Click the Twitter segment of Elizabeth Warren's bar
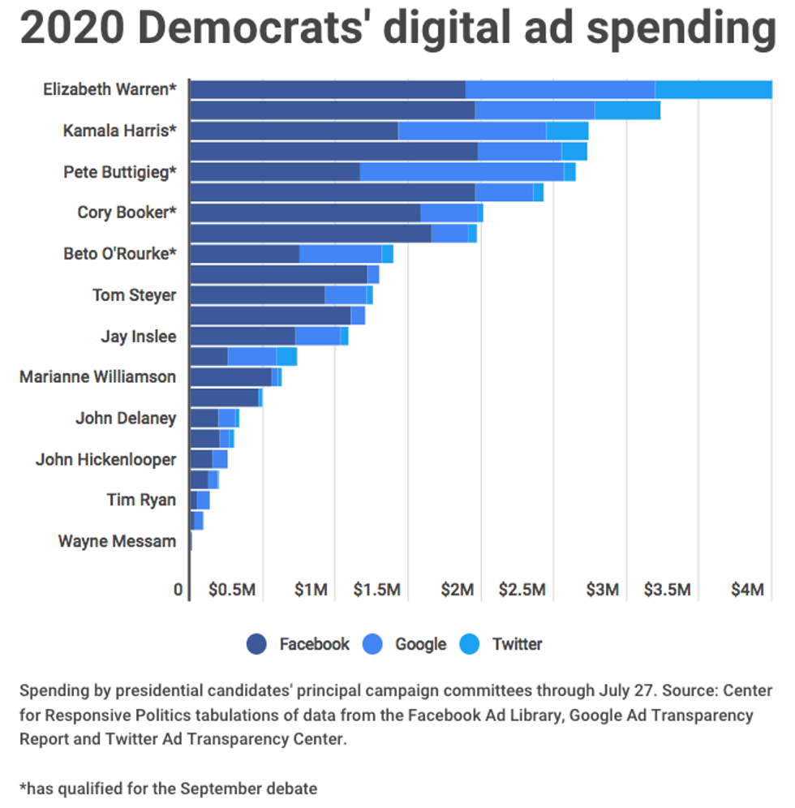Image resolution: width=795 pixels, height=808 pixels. pos(713,89)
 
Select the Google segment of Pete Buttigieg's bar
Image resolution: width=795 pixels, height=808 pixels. pos(462,172)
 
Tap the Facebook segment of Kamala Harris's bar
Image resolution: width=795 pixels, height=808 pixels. pos(294,131)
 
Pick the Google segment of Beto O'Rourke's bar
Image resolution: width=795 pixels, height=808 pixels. pos(341,254)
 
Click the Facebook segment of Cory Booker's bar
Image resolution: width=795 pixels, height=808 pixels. pos(305,213)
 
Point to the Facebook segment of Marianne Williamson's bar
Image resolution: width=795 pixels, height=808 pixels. pos(230,377)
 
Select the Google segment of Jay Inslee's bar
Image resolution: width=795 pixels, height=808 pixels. pos(317,336)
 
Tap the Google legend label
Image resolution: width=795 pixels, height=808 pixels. pos(420,644)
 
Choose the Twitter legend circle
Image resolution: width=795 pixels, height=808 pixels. pos(470,644)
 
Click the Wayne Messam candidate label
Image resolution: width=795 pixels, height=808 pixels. pos(117,541)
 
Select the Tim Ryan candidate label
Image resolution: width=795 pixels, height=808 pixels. pos(141,500)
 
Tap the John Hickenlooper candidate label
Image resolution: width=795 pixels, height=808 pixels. pos(105,460)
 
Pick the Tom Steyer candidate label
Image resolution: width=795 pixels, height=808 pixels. pos(134,295)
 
